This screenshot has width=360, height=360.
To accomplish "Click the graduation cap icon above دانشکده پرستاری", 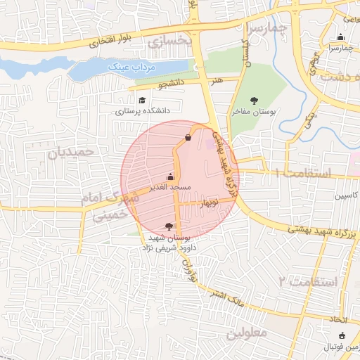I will (x=141, y=100).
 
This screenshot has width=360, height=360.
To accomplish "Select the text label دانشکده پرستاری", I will (x=141, y=111).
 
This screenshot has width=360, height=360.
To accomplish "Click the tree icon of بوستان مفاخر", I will (x=254, y=101).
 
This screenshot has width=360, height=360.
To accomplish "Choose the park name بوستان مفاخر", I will (x=255, y=111).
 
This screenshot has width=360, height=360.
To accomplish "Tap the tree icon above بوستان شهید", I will (x=168, y=226).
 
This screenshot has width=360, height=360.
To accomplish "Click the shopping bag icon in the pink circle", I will (x=187, y=137).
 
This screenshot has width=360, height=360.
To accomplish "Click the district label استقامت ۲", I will (x=308, y=282).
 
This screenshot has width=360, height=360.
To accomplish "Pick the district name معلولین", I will (x=249, y=333).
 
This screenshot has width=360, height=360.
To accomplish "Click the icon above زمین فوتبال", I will (x=342, y=336).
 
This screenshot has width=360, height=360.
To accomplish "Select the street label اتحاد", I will (x=342, y=320).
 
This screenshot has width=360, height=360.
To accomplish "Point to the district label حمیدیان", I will (x=70, y=151).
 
